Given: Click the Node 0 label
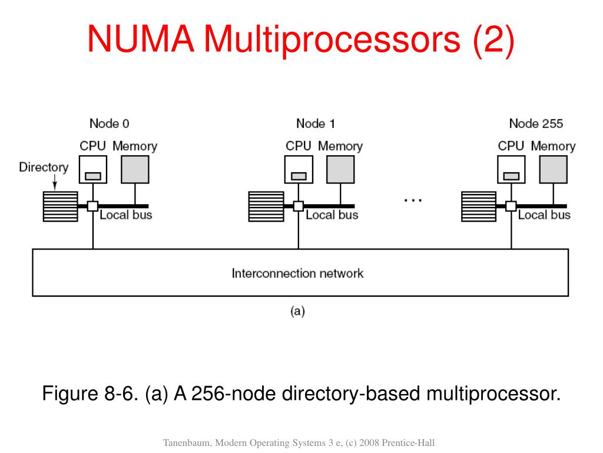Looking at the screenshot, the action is click(x=109, y=124).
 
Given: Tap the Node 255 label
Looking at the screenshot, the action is click(x=536, y=124).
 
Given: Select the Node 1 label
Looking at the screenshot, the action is click(x=316, y=124).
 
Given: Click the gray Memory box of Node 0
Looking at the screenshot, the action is click(x=135, y=169).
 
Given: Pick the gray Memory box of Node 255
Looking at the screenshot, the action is click(x=553, y=169).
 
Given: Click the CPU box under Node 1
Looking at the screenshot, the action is click(x=299, y=169).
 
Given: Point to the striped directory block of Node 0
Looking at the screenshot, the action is click(x=61, y=206).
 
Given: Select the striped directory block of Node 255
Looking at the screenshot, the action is click(x=479, y=206).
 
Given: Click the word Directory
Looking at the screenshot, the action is click(x=44, y=167).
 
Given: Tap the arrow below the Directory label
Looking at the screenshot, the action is click(x=55, y=182).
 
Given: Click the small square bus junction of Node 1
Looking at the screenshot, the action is click(x=299, y=206).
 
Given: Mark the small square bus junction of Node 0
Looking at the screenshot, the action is click(x=92, y=206).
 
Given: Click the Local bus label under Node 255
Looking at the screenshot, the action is click(x=544, y=215).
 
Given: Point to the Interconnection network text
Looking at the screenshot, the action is click(x=297, y=273).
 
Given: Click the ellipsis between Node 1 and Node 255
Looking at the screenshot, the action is click(x=413, y=201).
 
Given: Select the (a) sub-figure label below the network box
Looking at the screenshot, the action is click(x=297, y=311).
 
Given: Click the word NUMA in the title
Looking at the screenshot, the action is click(x=141, y=38).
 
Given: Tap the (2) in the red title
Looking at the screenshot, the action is click(x=493, y=40).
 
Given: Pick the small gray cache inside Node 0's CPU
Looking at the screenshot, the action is click(x=93, y=176).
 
